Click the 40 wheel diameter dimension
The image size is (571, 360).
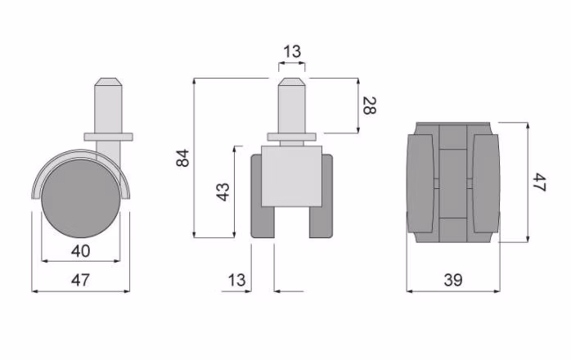(81, 251)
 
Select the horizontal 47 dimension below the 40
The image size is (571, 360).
(80, 280)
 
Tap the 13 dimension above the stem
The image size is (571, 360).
(292, 52)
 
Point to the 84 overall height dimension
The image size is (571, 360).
(182, 158)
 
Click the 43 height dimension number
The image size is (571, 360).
(223, 191)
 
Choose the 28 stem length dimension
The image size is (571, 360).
(369, 106)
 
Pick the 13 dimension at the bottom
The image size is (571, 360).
(237, 280)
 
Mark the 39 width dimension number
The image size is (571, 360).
(453, 280)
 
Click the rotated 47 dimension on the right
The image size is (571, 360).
(539, 182)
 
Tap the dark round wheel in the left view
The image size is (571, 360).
(81, 199)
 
